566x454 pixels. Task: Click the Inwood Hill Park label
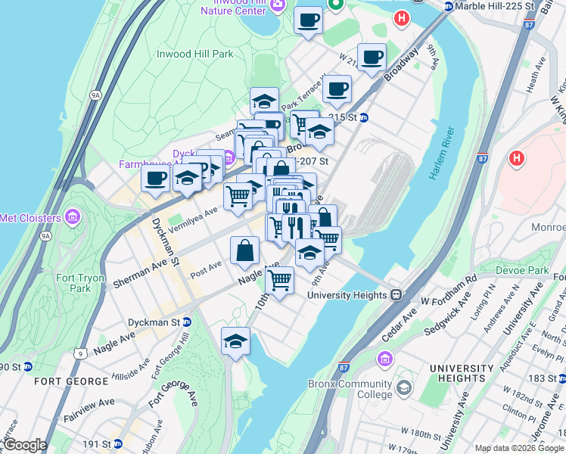(x=194, y=54)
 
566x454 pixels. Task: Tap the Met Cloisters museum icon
(x=73, y=218)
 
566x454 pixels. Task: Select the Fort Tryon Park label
(x=80, y=283)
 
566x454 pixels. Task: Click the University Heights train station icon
(x=395, y=295)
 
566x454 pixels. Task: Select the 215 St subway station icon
(x=363, y=118)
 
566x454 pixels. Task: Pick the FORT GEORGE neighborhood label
(x=42, y=381)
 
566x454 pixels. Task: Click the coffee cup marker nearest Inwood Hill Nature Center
(x=308, y=20)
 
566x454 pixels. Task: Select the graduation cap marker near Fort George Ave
(x=235, y=341)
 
